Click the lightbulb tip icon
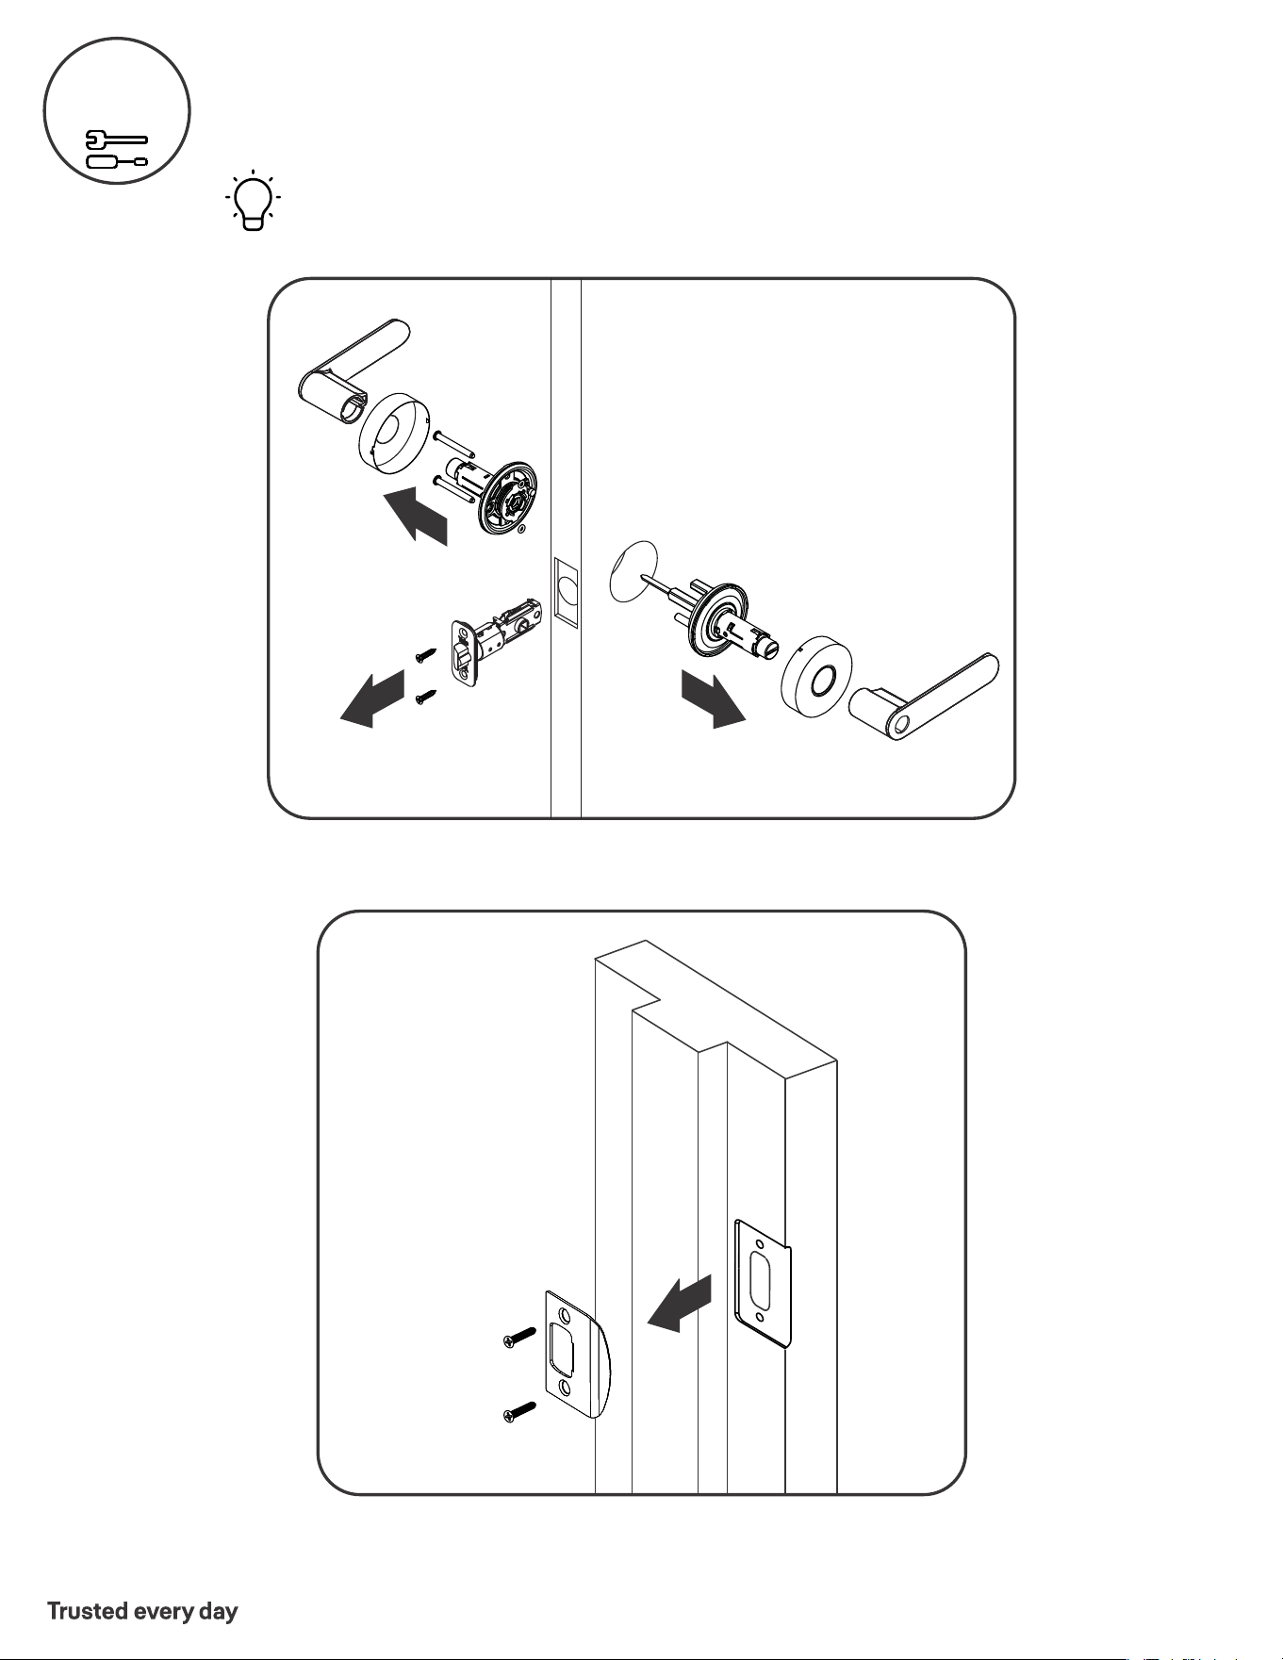(252, 201)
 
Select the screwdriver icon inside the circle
(117, 161)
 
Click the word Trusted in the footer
(88, 1610)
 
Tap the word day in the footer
(218, 1612)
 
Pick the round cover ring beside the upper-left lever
(395, 430)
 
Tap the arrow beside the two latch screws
(372, 699)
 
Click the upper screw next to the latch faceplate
(424, 653)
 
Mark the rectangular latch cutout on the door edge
(566, 591)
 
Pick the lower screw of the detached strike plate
(519, 1412)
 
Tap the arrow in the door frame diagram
(679, 1304)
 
